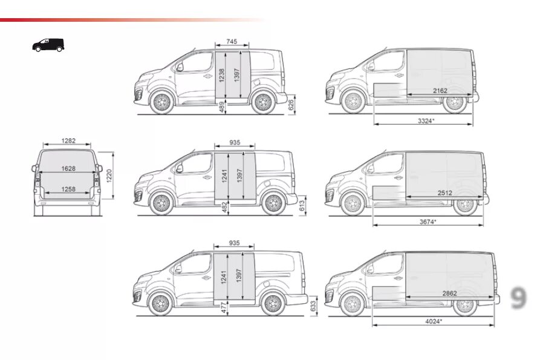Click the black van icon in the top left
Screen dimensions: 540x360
(x=48, y=45)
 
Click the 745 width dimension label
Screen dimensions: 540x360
(x=232, y=42)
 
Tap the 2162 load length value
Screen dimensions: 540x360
(x=440, y=90)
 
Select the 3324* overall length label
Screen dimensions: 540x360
(x=426, y=121)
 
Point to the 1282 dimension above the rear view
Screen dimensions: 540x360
(x=68, y=141)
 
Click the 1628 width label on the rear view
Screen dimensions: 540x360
(x=68, y=169)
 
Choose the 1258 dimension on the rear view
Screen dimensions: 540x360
(x=68, y=189)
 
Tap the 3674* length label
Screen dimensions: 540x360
(x=428, y=222)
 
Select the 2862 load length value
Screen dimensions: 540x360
(x=449, y=293)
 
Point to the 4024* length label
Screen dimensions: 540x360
(x=433, y=321)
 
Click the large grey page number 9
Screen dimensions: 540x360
(x=518, y=298)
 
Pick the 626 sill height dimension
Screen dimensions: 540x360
(x=291, y=105)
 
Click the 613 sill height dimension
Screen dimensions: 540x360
(x=302, y=206)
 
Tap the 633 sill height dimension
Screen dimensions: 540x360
(x=312, y=307)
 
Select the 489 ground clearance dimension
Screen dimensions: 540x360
(x=222, y=107)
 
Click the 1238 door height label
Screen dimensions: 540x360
(x=222, y=76)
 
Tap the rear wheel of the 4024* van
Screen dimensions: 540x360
(x=465, y=305)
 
